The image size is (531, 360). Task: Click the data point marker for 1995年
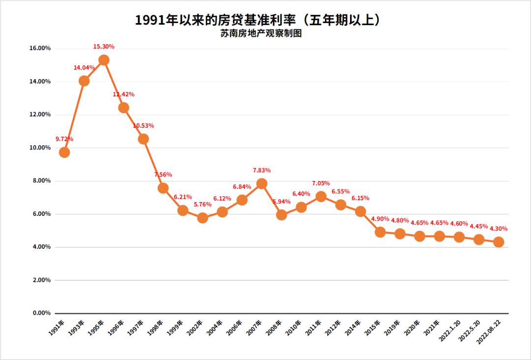[104, 60]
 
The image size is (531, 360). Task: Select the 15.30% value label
[104, 47]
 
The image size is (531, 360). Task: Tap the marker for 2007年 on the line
[262, 183]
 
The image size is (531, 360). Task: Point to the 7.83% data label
[262, 170]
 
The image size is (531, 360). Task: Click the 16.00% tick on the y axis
[40, 48]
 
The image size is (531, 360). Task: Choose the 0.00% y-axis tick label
[42, 313]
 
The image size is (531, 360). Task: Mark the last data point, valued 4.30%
[498, 242]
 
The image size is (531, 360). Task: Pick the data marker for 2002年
[202, 218]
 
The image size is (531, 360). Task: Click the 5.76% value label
[202, 204]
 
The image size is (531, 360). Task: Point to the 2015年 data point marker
[380, 232]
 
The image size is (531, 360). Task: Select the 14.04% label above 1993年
[84, 68]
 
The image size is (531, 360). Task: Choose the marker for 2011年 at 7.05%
[321, 196]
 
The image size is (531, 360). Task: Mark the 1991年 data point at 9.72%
[64, 152]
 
